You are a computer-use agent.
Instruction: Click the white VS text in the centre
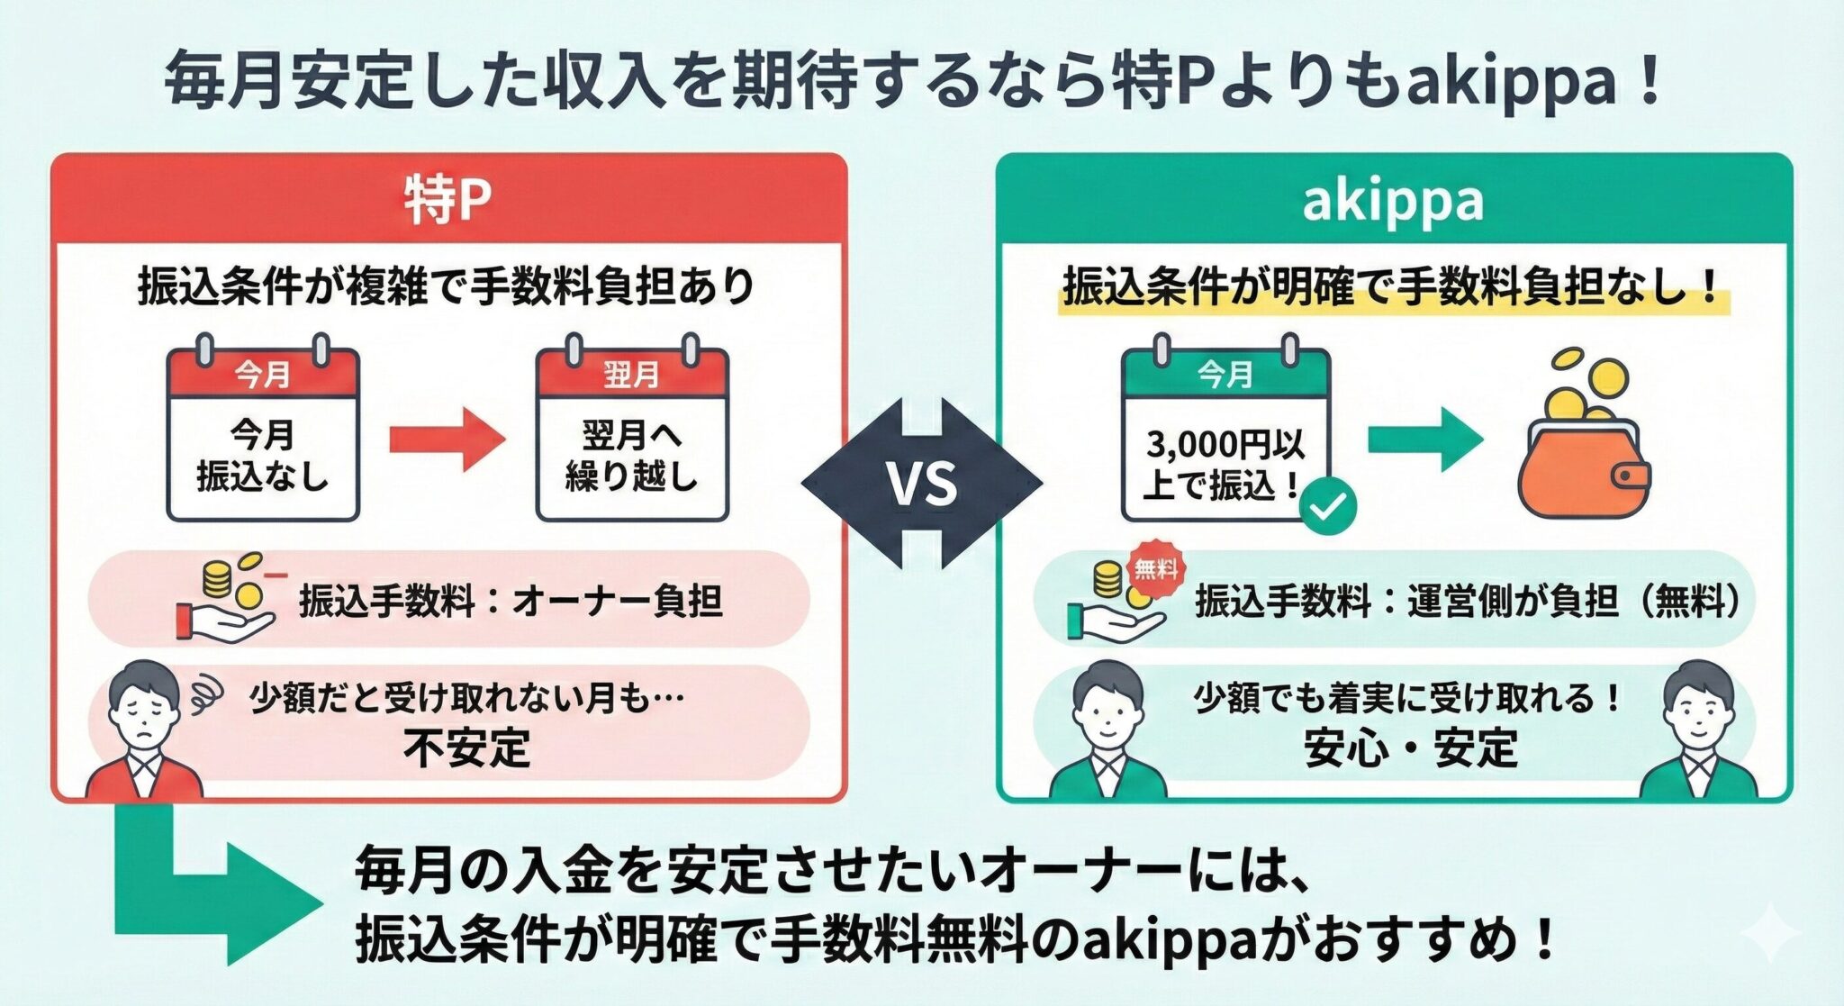point(921,483)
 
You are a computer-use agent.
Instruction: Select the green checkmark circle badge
point(1328,507)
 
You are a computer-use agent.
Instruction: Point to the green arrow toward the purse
point(1424,440)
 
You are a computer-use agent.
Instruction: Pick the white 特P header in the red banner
point(447,200)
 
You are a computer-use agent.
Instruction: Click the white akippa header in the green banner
point(1392,200)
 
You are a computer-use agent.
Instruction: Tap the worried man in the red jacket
point(144,734)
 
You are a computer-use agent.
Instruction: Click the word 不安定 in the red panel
point(466,748)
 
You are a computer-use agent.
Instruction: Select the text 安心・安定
point(1411,748)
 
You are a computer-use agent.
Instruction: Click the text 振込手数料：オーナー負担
point(511,601)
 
